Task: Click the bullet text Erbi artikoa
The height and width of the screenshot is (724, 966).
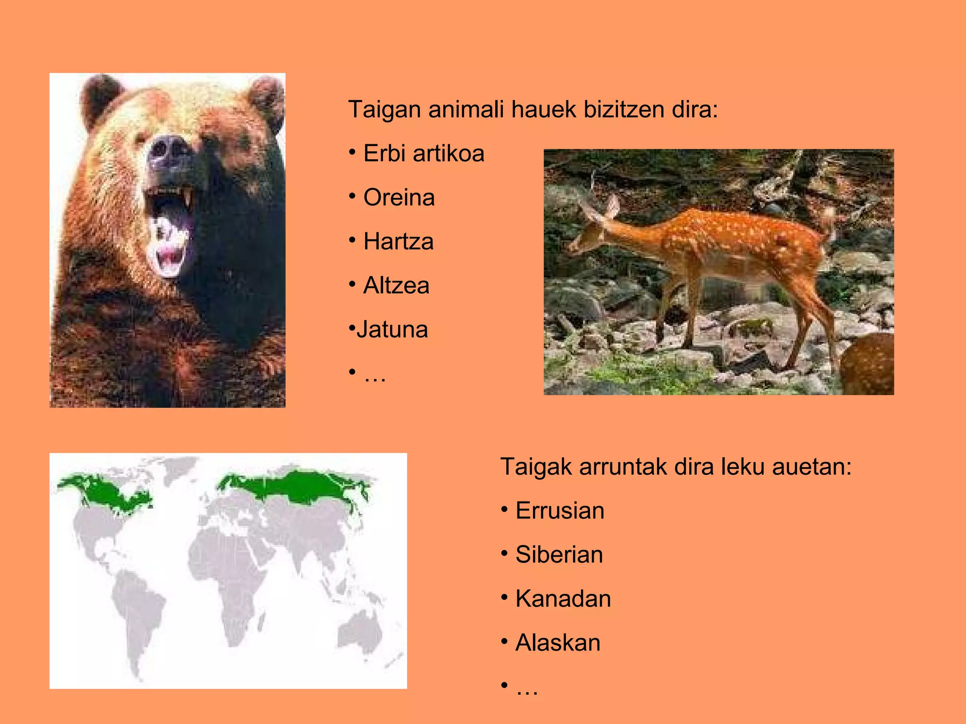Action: coord(423,154)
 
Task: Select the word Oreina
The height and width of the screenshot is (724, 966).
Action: coord(399,197)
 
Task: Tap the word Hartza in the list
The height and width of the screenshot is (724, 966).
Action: coord(398,241)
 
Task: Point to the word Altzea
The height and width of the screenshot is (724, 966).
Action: coord(396,286)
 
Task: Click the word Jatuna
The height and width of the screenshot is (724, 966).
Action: coord(392,329)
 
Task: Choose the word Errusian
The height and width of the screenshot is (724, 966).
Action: coord(559,510)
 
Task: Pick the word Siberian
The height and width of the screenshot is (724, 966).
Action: coord(559,554)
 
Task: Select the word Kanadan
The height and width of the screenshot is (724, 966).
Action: coord(563,599)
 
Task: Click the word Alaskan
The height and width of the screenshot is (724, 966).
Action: coord(558,643)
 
